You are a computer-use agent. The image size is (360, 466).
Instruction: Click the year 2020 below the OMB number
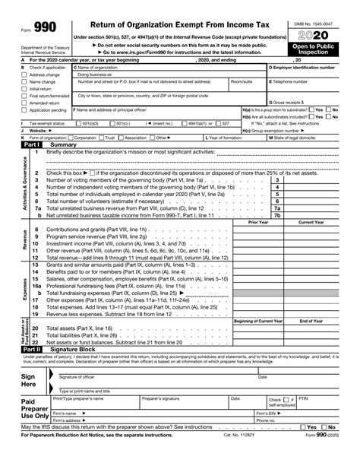pyautogui.click(x=314, y=36)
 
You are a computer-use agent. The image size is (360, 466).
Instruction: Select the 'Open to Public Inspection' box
pyautogui.click(x=314, y=50)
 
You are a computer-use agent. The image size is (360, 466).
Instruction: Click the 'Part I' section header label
pyautogui.click(x=31, y=144)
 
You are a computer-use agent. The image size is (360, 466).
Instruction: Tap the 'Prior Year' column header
pyautogui.click(x=258, y=222)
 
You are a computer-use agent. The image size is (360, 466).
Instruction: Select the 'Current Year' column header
pyautogui.click(x=311, y=222)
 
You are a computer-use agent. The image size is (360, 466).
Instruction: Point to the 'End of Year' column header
pyautogui.click(x=311, y=322)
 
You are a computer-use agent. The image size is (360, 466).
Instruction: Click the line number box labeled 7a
pyautogui.click(x=276, y=208)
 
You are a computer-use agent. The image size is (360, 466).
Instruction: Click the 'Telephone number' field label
pyautogui.click(x=289, y=81)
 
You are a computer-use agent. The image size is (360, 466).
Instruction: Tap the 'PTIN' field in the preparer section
pyautogui.click(x=304, y=398)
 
